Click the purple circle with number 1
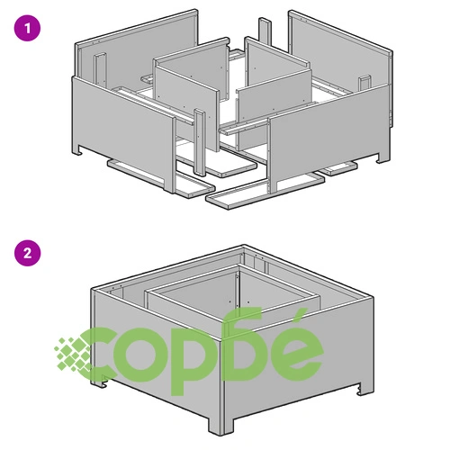pos(27,29)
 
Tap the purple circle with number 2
pos(27,253)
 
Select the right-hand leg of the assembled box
pos(365,389)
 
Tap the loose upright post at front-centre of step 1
pos(200,142)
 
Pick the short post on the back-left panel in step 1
pos(100,69)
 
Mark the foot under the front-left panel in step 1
pos(77,151)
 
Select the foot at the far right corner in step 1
pos(383,158)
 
